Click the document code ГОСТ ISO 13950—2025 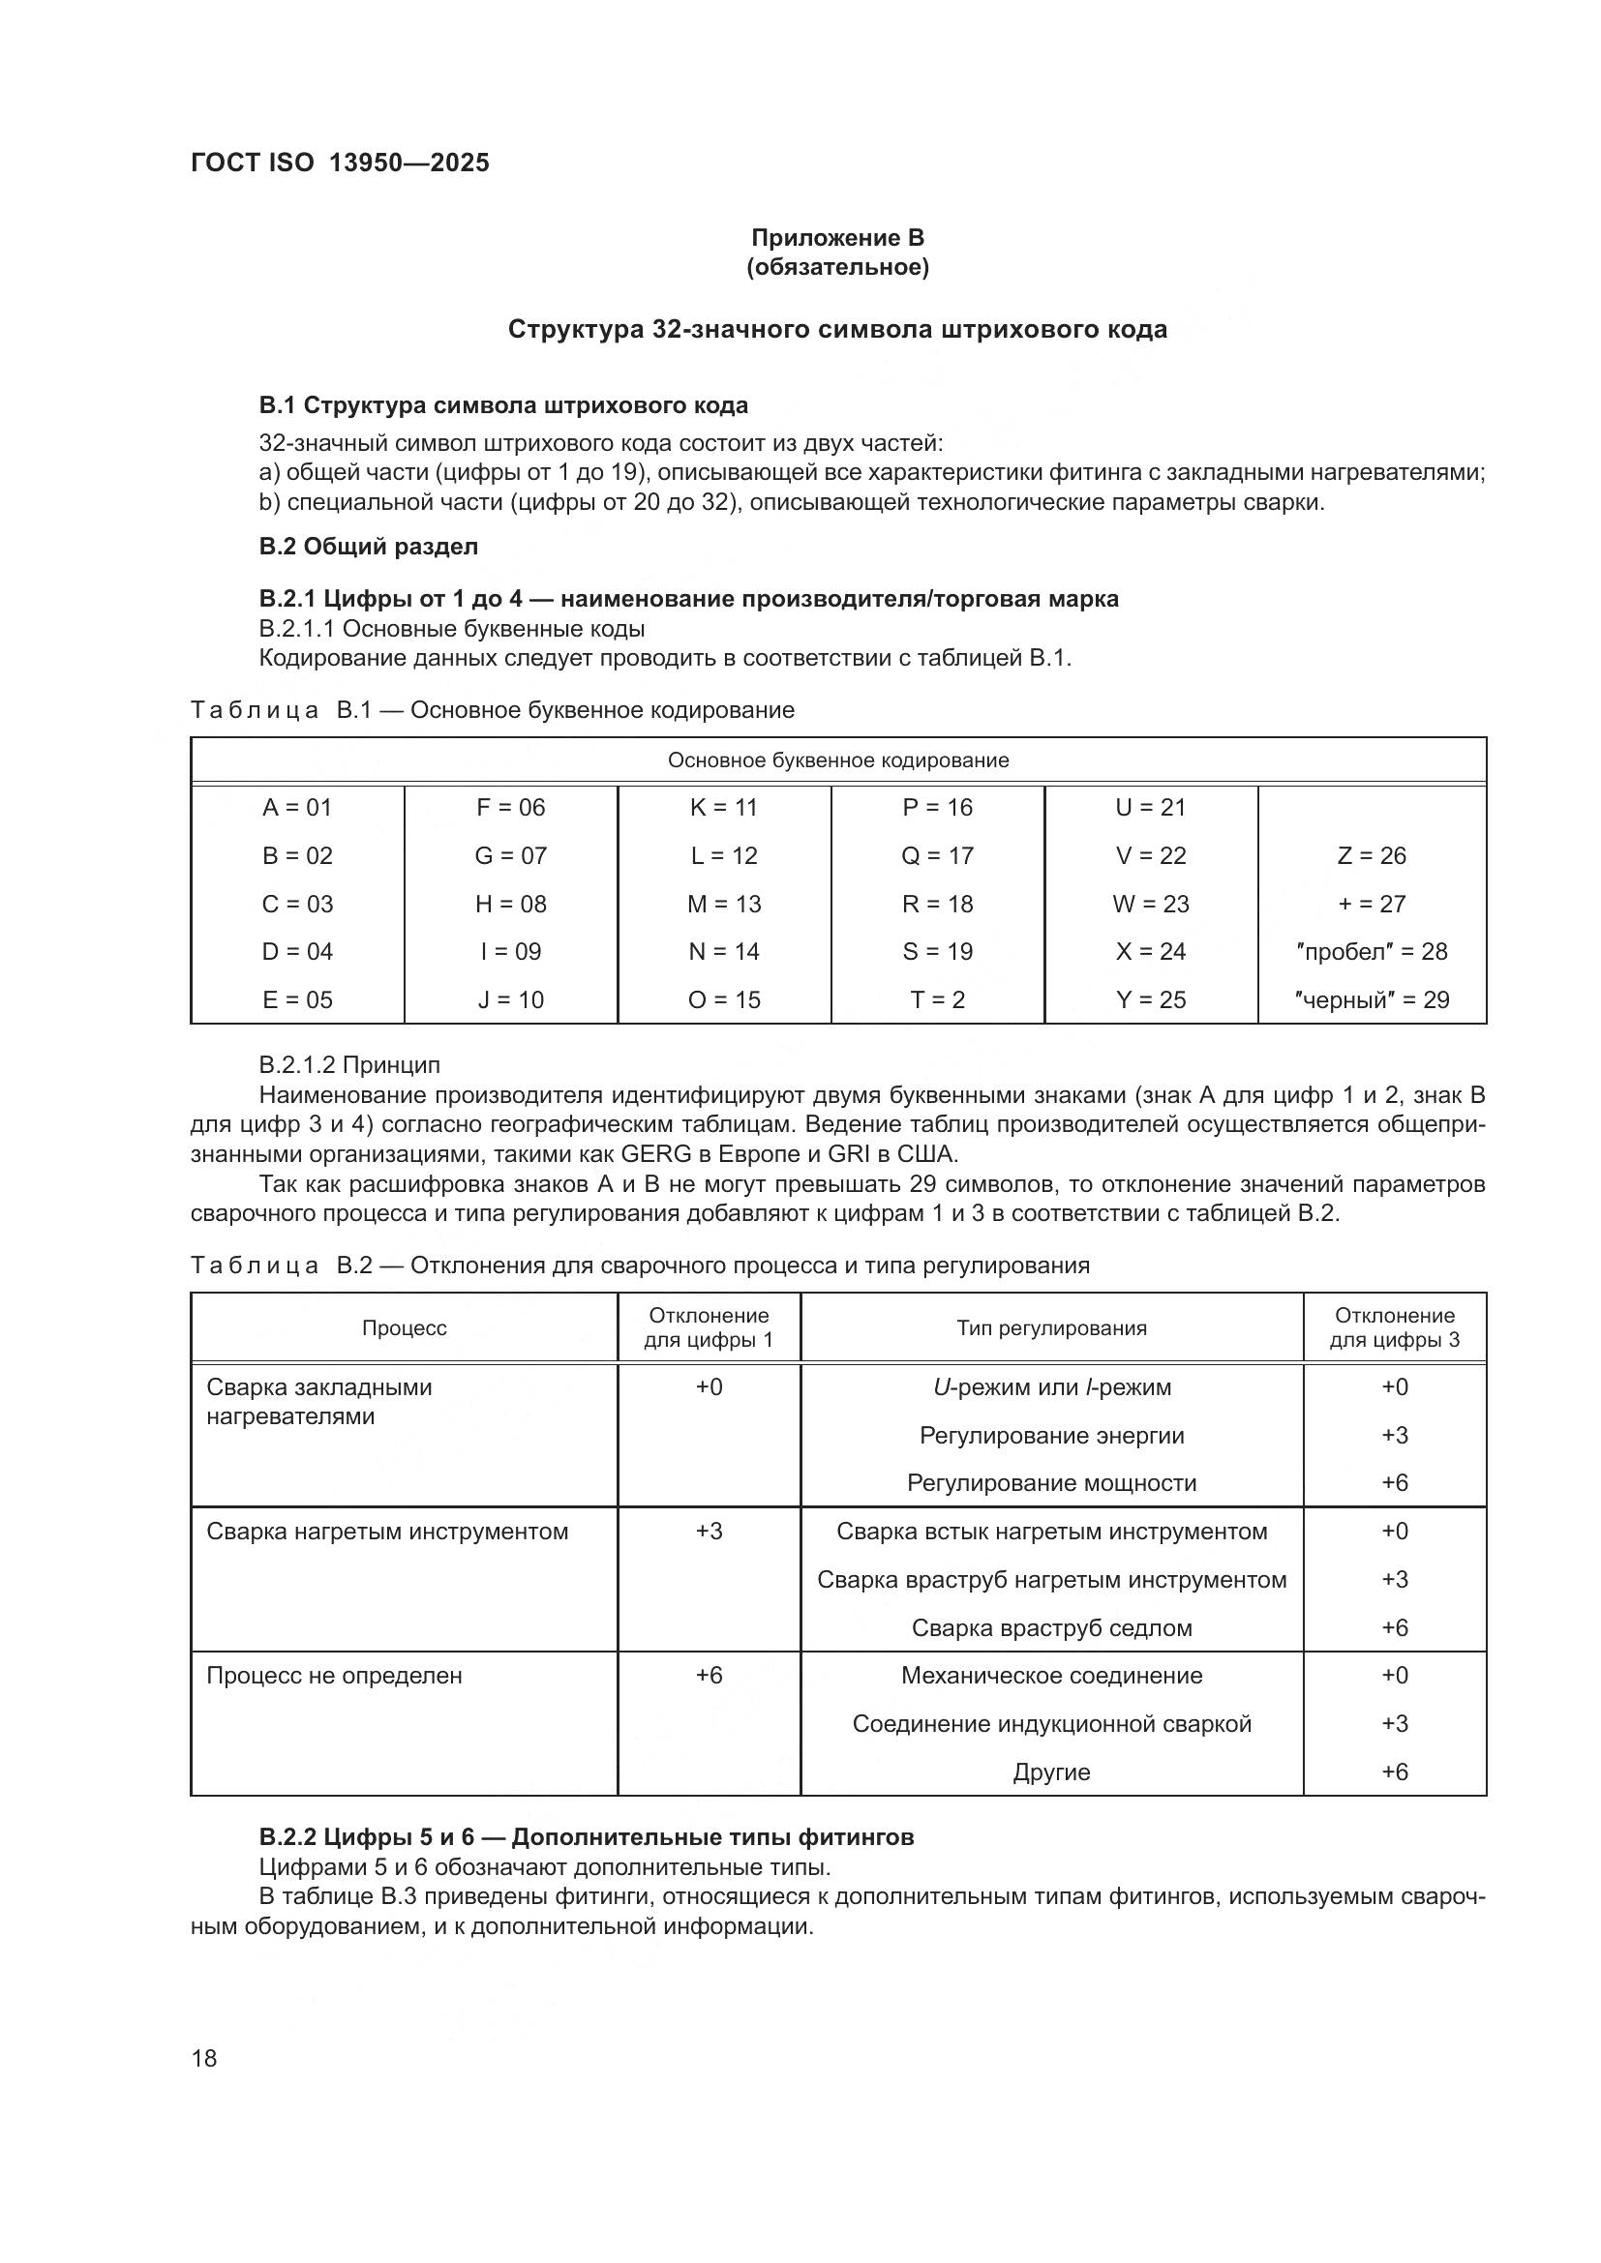339,163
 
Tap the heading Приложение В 837,238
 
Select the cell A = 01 297,807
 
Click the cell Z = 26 1372,855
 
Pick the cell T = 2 937,999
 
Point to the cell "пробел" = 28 1372,951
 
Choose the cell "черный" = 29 1372,999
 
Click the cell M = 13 724,904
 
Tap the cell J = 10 511,999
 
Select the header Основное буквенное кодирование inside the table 838,759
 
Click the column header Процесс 405,1327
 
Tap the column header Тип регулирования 1051,1327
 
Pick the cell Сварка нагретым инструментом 387,1531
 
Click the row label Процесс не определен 334,1675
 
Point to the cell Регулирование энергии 1051,1435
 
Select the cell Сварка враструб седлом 1051,1627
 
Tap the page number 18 204,2058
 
